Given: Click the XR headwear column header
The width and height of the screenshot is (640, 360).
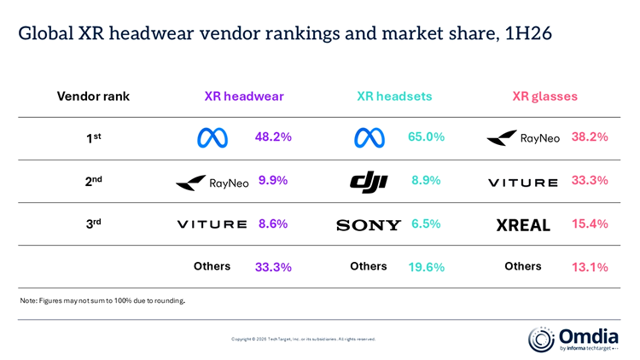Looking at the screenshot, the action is coord(244,96).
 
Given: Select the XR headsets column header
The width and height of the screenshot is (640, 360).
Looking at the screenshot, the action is coord(394,96).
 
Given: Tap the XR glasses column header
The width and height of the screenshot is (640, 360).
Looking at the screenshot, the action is coord(545,96).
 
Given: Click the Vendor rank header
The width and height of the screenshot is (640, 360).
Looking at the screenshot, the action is coord(93,96).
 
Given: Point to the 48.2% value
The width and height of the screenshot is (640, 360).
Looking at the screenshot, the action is coord(273,136).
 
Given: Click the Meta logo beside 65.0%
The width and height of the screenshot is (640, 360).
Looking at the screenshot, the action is coord(369,137).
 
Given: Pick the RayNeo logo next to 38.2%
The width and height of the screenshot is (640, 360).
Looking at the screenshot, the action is coord(523,138).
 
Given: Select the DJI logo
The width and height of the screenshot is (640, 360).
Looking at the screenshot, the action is coord(369,182).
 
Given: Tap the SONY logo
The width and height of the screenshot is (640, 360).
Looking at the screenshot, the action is coord(369,225).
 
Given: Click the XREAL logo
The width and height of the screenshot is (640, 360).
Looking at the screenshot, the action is coord(523,225).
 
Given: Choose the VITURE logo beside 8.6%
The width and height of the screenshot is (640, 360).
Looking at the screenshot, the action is coord(212,224).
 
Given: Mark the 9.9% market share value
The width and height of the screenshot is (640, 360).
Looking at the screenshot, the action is coord(273,180).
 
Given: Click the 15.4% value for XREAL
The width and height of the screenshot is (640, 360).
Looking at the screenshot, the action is coord(590,224).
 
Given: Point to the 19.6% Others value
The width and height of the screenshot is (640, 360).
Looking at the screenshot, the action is coord(426,267).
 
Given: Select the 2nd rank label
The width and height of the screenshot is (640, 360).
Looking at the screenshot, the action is coord(94,180).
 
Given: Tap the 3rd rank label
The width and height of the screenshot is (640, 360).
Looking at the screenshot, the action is coord(94,224).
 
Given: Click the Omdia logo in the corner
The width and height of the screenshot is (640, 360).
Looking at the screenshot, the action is coord(573,340).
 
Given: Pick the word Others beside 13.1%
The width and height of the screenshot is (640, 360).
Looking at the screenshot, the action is coord(523,266).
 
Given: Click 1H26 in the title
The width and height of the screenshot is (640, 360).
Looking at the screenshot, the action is coord(528,33).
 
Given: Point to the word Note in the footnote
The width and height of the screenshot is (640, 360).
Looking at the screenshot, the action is coord(28,301).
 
